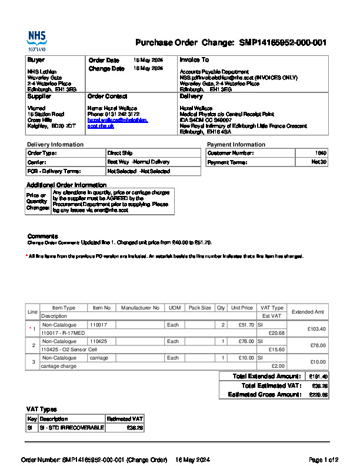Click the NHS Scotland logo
point(36,41)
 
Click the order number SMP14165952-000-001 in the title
point(282,43)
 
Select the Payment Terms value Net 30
point(319,162)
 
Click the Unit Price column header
point(242,308)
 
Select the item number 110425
point(98,341)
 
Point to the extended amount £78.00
point(318,345)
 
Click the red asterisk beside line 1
point(30,328)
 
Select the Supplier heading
point(39,96)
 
